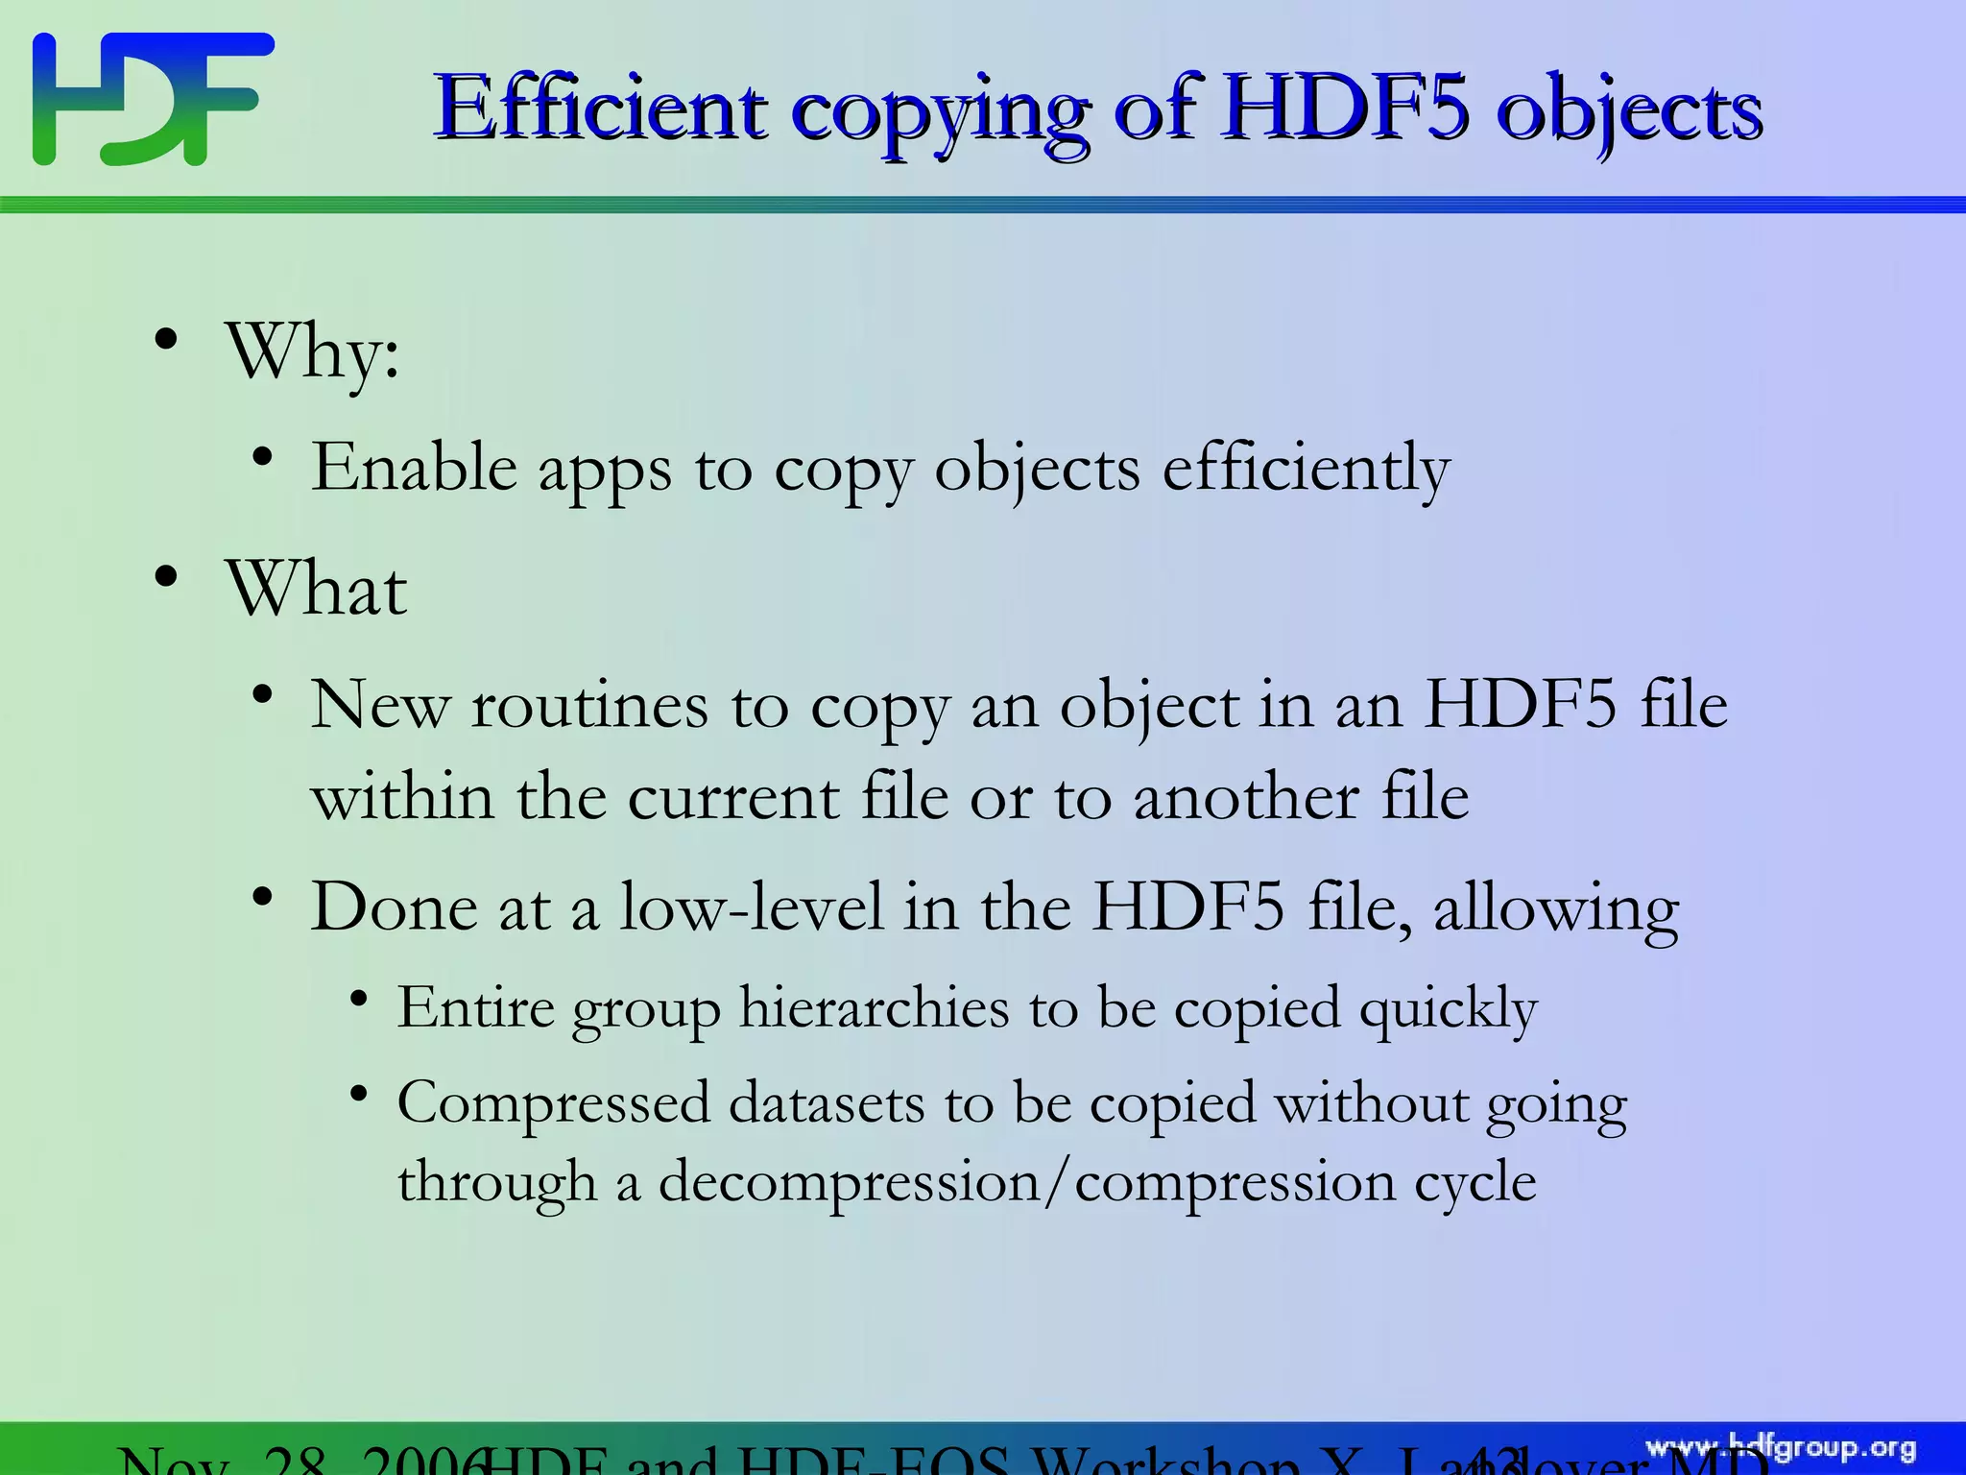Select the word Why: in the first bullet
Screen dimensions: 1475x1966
coord(313,353)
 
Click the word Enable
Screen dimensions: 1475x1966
coord(414,468)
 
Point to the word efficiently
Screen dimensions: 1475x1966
coord(1306,468)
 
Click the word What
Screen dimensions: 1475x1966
coord(317,588)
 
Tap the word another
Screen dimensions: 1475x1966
coord(1246,798)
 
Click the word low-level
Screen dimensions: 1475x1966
coord(752,907)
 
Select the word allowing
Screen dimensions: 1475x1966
coord(1555,908)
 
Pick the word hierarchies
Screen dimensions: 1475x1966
coord(874,1008)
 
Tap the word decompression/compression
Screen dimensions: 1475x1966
coord(1027,1181)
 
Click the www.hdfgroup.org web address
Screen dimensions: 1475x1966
coord(1781,1448)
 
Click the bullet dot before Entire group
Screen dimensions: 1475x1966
coord(360,999)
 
